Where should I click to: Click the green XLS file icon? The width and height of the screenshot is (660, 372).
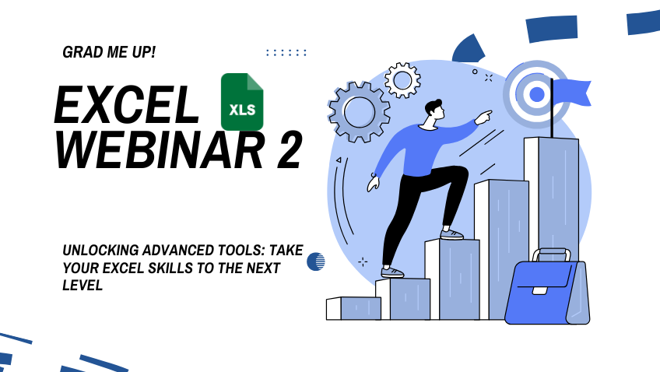pos(242,102)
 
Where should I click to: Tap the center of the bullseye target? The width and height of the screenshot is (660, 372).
pos(536,94)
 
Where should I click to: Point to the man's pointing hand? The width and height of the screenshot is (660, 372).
pos(483,118)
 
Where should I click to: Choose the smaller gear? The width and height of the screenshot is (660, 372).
pos(402,79)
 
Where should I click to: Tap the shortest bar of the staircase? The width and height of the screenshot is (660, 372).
pos(353,308)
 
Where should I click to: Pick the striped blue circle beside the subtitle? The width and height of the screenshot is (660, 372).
pos(315,261)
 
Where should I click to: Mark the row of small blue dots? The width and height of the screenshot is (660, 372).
pos(286,53)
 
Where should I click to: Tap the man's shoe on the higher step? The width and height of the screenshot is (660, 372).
pos(451,233)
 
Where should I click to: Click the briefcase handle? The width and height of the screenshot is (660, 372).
pos(553,255)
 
